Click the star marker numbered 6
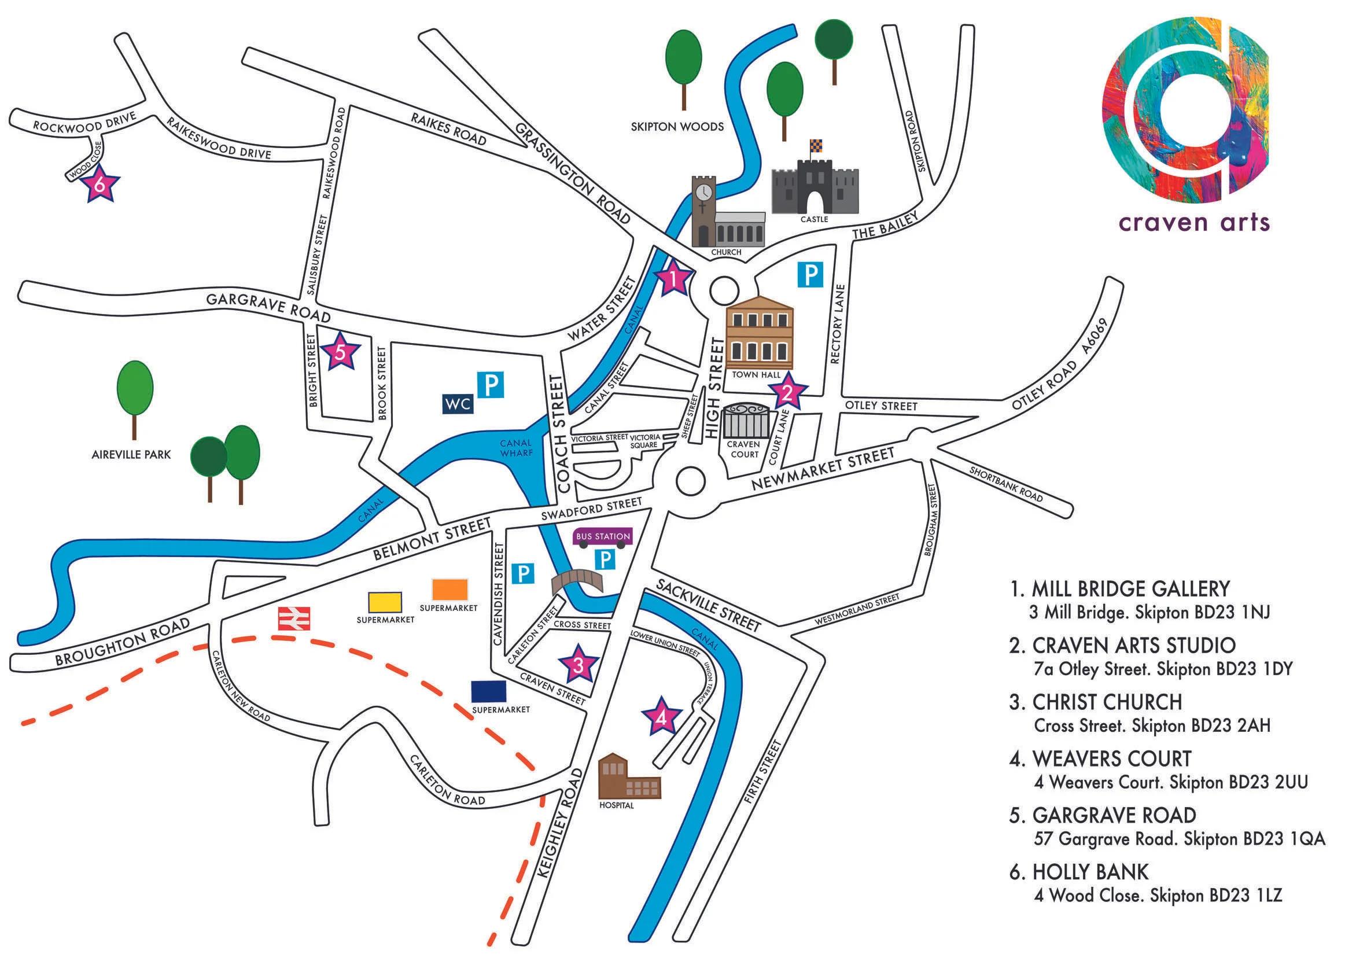click(x=100, y=185)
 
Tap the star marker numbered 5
click(x=340, y=352)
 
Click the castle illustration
click(x=815, y=181)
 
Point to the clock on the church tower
click(x=703, y=191)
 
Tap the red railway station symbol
click(x=294, y=618)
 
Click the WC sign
click(x=458, y=404)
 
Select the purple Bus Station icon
click(x=603, y=536)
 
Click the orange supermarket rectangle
click(x=449, y=589)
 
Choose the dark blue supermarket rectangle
click(x=488, y=691)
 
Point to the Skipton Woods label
click(x=677, y=127)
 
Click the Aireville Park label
click(x=131, y=454)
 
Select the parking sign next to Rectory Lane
click(x=810, y=275)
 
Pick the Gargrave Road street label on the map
click(x=268, y=306)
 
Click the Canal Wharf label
click(x=515, y=448)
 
